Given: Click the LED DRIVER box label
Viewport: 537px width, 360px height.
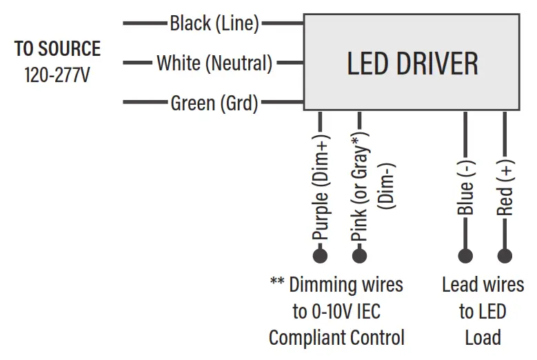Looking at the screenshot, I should [x=412, y=63].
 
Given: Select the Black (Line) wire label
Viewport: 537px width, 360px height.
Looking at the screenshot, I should [x=214, y=24].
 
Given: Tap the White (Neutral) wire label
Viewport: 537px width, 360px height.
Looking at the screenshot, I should [x=214, y=63].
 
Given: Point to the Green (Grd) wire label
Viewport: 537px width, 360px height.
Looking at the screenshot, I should [x=214, y=103].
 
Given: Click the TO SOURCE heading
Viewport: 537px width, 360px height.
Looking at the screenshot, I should [x=57, y=49].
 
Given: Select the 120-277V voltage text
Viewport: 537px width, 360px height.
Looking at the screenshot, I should [x=57, y=73].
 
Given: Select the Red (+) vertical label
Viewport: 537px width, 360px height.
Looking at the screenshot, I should [x=505, y=188].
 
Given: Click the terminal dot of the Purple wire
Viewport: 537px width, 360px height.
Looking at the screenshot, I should [x=321, y=256].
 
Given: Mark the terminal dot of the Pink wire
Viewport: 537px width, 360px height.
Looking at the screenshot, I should [x=359, y=256].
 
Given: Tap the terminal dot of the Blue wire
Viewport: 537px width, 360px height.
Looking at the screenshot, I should [x=466, y=256].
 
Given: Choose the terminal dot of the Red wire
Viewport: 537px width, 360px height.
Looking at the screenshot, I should [x=505, y=256].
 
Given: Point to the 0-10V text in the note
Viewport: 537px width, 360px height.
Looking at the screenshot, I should [x=332, y=311].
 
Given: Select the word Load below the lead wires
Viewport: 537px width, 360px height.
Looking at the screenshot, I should [x=483, y=338].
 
